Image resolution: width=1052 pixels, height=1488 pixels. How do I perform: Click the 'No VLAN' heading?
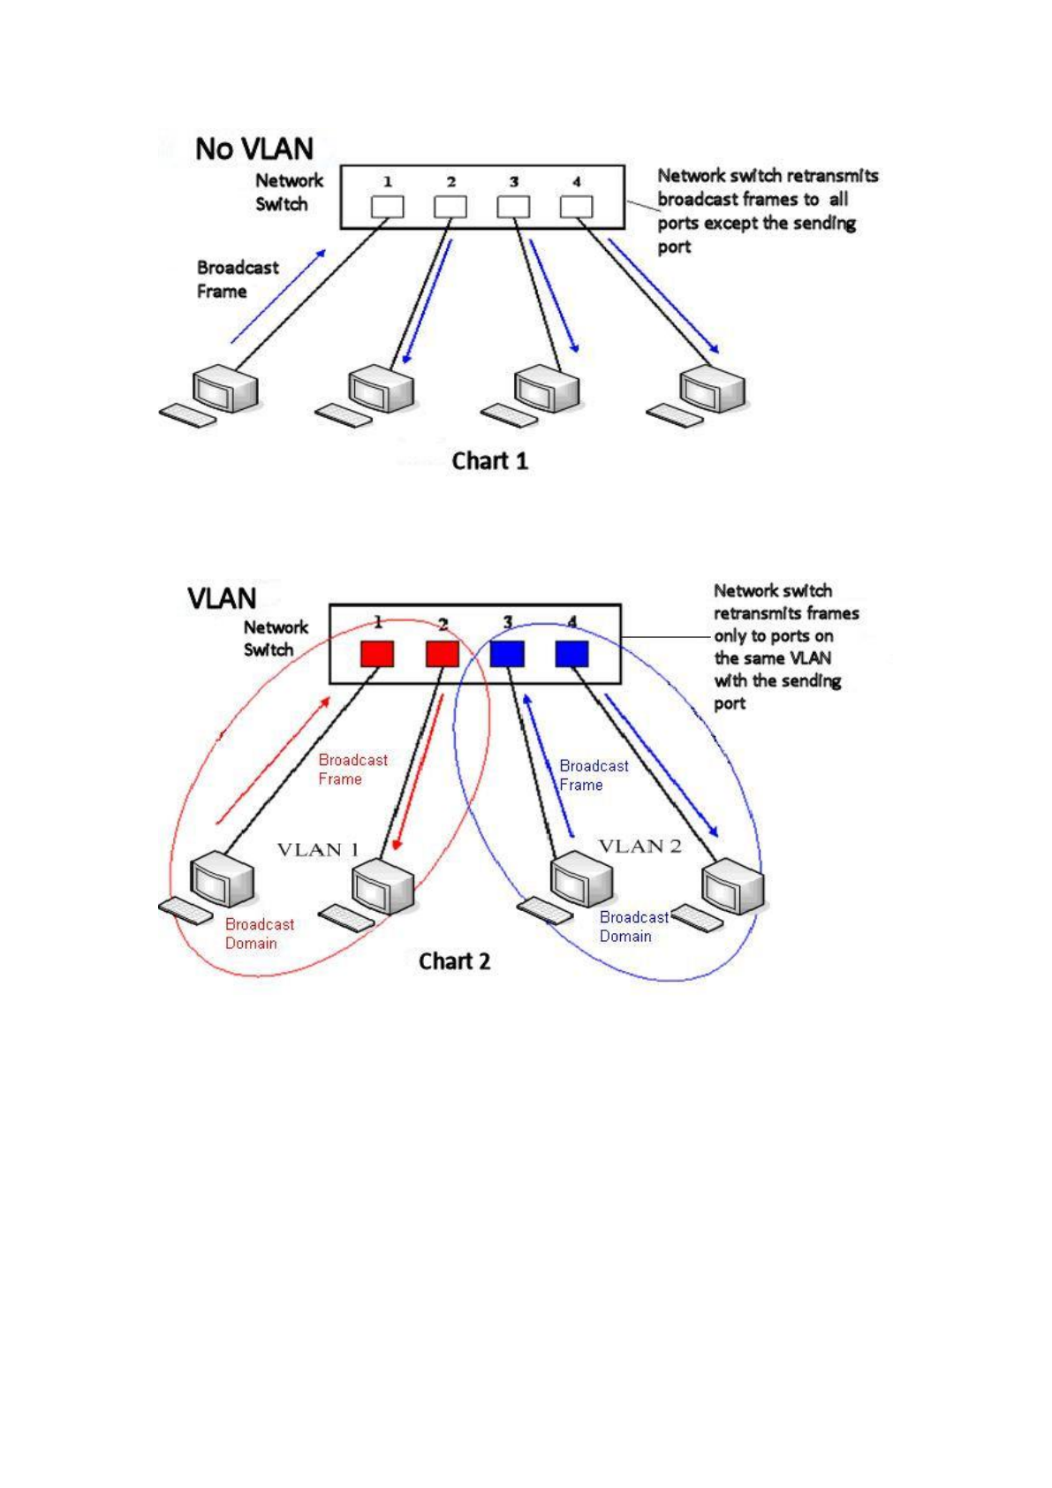[x=254, y=148]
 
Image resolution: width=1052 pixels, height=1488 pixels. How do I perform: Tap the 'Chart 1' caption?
[x=489, y=461]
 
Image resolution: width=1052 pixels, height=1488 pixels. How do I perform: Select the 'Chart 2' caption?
[x=454, y=961]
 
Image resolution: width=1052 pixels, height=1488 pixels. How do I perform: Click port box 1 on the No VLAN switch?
[x=387, y=207]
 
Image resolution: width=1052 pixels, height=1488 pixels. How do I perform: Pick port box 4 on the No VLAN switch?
[x=576, y=207]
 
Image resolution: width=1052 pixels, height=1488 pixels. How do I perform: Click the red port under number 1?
[x=377, y=654]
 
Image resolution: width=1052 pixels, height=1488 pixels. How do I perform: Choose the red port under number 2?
[x=443, y=654]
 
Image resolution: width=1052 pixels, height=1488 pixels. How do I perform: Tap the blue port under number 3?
[x=507, y=654]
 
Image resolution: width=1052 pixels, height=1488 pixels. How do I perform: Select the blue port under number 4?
[x=571, y=654]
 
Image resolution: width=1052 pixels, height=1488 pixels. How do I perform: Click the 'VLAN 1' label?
[x=318, y=850]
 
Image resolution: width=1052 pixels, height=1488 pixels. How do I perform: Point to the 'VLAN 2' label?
[x=640, y=846]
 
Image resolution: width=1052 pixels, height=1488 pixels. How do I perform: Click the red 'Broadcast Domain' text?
[x=259, y=934]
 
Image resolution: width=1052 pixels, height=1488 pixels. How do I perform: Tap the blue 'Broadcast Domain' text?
[x=633, y=927]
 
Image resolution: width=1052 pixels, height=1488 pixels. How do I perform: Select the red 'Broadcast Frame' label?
[x=352, y=770]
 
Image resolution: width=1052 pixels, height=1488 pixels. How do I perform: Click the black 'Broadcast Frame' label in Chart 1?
[x=237, y=279]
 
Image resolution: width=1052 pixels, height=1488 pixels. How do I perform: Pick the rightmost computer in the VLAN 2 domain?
[x=732, y=888]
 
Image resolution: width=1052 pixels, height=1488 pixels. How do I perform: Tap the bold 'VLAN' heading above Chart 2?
[x=222, y=598]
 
